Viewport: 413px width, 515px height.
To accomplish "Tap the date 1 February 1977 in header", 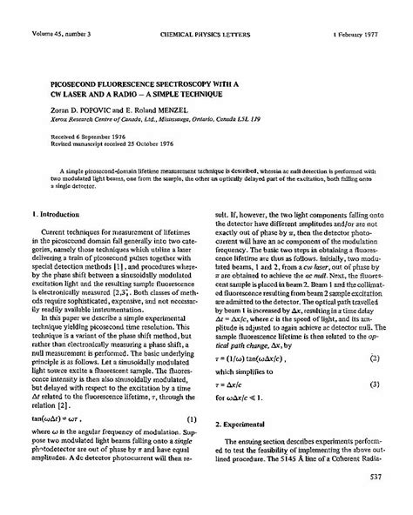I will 363,10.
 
